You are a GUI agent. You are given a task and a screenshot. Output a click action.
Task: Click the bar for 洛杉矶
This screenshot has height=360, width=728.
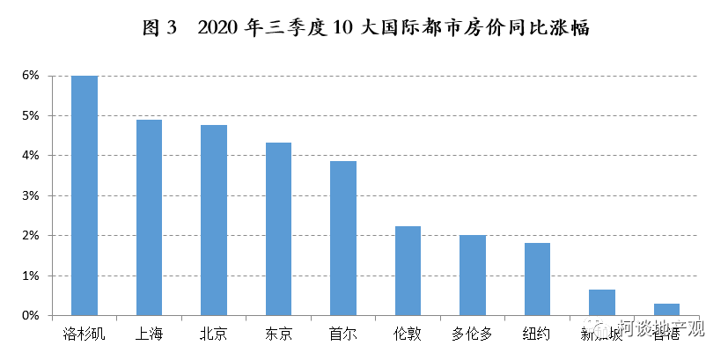coord(85,195)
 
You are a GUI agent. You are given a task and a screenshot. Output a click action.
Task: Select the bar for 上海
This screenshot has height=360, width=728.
coord(149,217)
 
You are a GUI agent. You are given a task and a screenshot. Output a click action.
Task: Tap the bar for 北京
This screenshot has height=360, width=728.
coord(213,220)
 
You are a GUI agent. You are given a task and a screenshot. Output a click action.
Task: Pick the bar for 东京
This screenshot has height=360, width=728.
coord(278,229)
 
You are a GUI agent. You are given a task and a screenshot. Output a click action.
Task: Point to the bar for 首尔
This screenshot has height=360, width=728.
coord(343,238)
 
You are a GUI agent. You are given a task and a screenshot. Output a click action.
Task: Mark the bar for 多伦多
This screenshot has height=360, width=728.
coord(473,276)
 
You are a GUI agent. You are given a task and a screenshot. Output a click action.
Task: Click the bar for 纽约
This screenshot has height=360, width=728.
coord(537,279)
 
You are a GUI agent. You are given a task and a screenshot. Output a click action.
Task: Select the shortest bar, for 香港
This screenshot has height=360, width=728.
coord(666,310)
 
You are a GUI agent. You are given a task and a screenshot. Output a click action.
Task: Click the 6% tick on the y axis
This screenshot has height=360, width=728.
coord(31,76)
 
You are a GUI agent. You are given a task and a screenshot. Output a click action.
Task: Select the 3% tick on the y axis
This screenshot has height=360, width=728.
coord(31,195)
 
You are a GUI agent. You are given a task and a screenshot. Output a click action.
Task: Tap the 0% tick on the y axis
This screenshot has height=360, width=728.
coord(31,315)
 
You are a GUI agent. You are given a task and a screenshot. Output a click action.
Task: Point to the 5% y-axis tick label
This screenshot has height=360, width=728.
coord(31,115)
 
